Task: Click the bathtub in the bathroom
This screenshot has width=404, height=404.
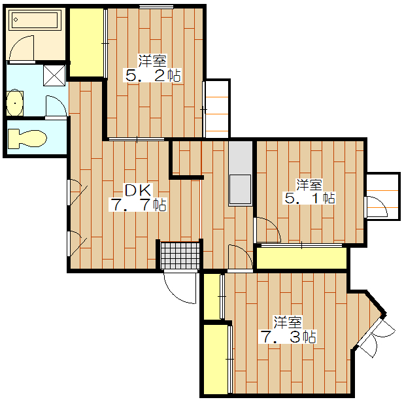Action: pos(35,20)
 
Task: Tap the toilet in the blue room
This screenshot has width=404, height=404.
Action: pos(27,139)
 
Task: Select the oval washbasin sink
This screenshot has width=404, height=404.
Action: pos(15,103)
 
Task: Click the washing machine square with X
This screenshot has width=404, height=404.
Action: pos(54,75)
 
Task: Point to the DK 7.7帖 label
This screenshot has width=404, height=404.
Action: pos(138,197)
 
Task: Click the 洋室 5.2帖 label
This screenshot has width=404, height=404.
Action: pos(153,68)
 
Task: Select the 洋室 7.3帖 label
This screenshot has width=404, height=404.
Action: pos(288,329)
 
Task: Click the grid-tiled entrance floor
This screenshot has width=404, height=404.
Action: pos(180,256)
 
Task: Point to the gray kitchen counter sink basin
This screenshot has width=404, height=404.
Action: pos(241,190)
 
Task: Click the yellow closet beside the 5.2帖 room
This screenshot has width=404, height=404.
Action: pos(86,42)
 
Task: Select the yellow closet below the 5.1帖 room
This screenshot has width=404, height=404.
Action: pos(301,258)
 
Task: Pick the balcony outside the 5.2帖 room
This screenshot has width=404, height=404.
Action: pos(217,109)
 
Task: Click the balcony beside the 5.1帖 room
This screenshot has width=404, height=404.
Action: pos(383,196)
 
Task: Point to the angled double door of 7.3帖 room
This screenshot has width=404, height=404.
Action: pos(375,336)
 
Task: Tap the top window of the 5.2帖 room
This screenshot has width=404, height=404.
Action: pos(156,7)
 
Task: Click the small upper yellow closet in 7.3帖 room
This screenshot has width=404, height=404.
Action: pos(211,297)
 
